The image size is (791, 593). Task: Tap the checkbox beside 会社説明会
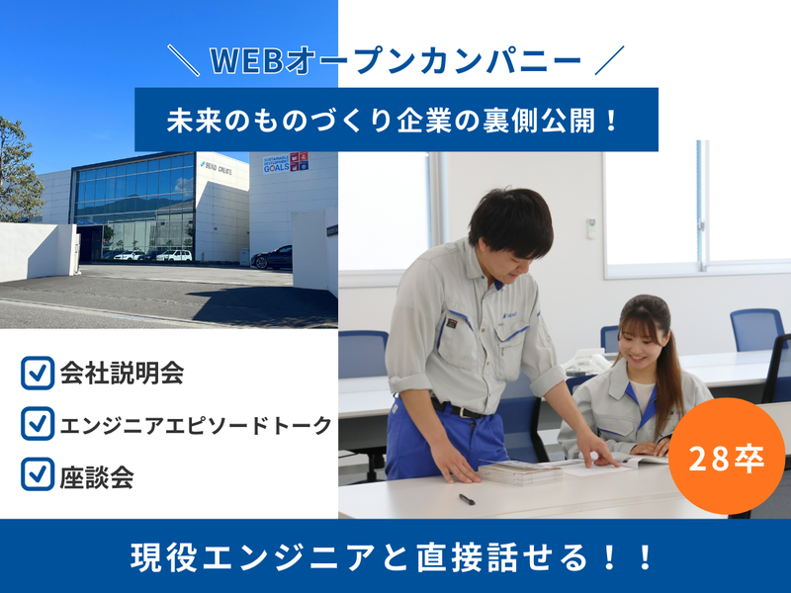37,375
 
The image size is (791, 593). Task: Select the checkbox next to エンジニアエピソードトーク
37,424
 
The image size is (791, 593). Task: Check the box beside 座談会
37,475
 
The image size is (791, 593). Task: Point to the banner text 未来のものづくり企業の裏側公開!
395,121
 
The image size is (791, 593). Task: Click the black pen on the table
467,499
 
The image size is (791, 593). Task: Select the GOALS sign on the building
286,163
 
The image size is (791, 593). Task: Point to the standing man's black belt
457,407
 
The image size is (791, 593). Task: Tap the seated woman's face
632,338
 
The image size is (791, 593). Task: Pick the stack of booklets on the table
520,471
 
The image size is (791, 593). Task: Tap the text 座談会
97,476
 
